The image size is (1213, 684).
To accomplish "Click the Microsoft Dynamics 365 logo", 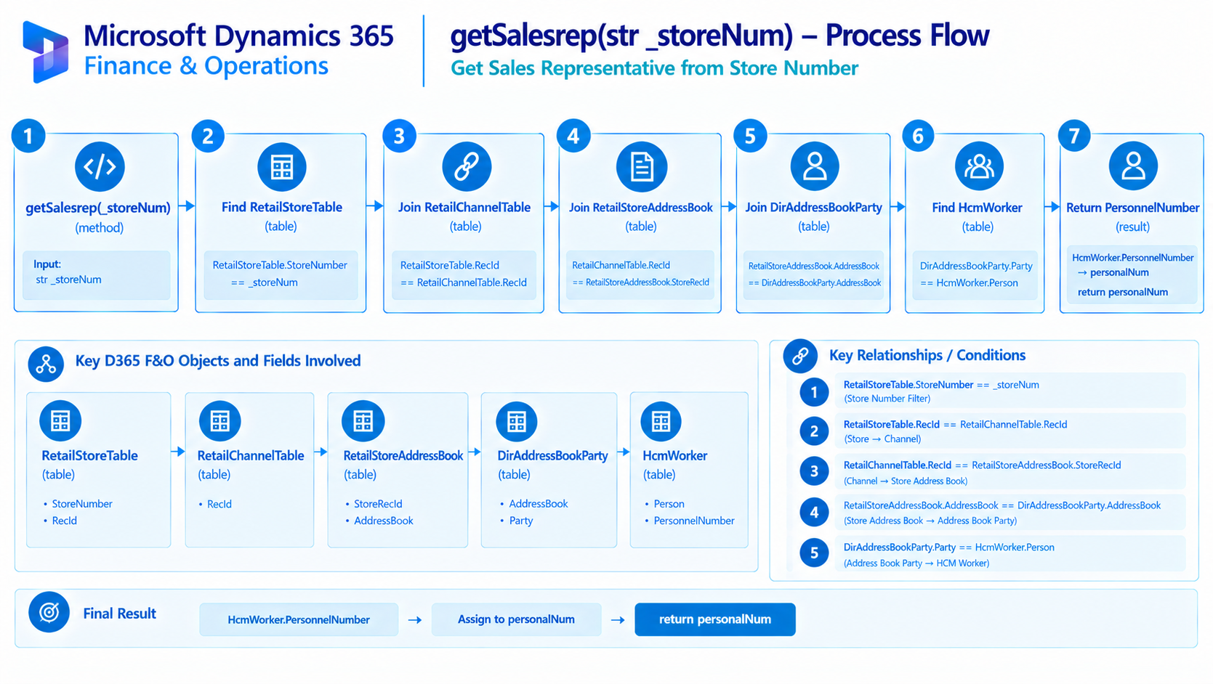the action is point(46,52).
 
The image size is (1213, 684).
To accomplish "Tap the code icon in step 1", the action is point(100,167).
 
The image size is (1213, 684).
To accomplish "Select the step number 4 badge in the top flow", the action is point(573,135).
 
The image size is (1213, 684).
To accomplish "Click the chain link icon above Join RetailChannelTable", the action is point(467,167).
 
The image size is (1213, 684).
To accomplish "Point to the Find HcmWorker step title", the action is point(977,208).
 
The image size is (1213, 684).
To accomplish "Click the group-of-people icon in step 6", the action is point(978,166).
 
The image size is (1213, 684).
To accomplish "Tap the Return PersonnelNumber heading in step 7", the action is point(1132,208).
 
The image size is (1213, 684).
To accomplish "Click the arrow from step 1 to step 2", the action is point(187,206).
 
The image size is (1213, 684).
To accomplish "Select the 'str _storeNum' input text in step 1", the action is point(68,280).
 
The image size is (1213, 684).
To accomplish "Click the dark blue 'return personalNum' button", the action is point(715,619).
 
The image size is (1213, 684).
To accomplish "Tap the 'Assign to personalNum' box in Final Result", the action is point(516,619).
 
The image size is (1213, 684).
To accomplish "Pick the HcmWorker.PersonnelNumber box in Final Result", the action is point(299,619).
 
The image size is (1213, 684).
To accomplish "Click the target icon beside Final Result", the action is point(49,613).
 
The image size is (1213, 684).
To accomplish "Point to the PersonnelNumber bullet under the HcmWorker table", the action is point(693,521).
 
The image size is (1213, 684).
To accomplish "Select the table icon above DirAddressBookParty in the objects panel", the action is point(517,422).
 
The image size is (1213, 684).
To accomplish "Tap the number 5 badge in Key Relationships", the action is point(814,553).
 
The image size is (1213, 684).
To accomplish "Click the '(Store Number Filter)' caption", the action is point(887,399).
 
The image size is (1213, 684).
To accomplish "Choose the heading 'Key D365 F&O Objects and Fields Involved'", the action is point(218,361).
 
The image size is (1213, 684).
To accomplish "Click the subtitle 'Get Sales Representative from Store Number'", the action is point(654,68).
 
